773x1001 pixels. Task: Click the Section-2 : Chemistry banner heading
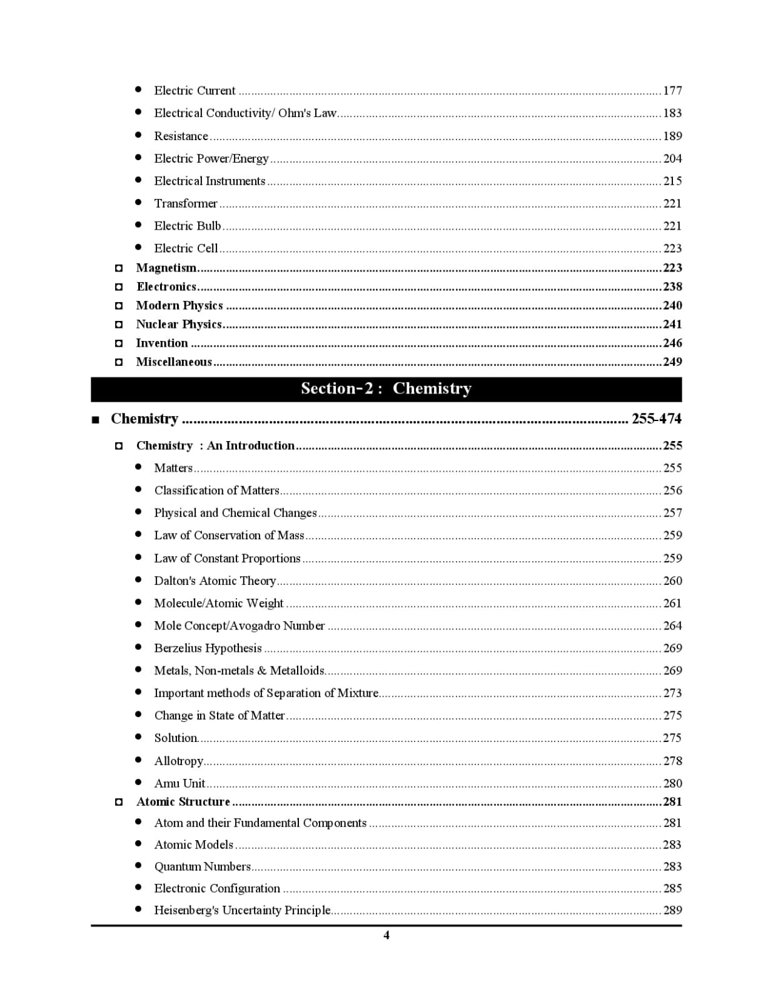click(386, 389)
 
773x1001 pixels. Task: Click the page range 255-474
click(656, 419)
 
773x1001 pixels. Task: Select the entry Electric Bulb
click(188, 226)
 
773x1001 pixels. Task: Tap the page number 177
click(672, 91)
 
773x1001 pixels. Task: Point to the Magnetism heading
click(166, 268)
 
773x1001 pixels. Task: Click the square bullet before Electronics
click(119, 287)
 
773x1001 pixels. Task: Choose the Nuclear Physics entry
click(179, 324)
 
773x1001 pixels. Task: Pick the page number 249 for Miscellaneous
click(672, 362)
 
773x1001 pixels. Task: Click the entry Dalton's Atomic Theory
click(215, 581)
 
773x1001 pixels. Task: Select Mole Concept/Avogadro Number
click(240, 626)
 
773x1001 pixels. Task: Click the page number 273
click(672, 693)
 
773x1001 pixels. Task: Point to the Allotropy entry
click(179, 761)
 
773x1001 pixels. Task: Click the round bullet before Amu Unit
click(138, 783)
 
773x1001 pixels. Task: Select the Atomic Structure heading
click(183, 801)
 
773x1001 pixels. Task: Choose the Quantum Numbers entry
click(203, 866)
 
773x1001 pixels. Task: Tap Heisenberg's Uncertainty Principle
click(242, 910)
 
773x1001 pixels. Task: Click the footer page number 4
click(386, 935)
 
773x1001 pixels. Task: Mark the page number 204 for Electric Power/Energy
click(672, 158)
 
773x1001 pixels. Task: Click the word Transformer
click(186, 203)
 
